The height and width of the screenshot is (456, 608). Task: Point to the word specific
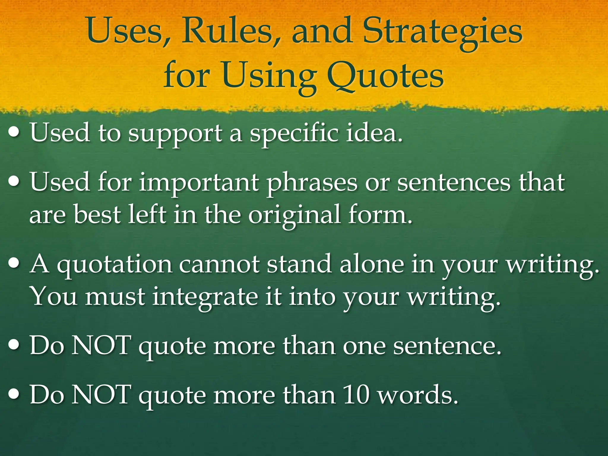pos(294,133)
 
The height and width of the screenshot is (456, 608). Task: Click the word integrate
pos(205,297)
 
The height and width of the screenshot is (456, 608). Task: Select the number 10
pos(356,395)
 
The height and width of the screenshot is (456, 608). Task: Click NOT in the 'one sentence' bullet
pos(101,345)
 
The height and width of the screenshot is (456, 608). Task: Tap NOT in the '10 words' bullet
pos(101,395)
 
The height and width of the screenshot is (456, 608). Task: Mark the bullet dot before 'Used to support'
pos(15,132)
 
